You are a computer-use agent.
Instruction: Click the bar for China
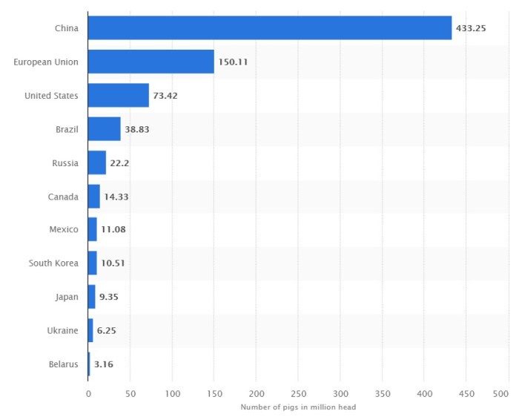[269, 28]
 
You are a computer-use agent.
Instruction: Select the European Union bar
[151, 62]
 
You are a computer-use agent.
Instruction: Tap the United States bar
[118, 96]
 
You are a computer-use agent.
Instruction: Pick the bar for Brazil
[104, 129]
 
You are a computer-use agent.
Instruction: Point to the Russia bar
[96, 162]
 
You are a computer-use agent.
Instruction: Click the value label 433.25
[472, 28]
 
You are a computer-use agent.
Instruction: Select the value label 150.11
[233, 62]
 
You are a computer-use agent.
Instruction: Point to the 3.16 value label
[103, 364]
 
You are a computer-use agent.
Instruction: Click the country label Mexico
[64, 229]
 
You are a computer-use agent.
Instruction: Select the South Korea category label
[53, 263]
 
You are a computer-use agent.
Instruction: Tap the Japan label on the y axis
[67, 297]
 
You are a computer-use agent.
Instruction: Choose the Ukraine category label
[62, 330]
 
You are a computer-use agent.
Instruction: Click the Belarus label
[62, 364]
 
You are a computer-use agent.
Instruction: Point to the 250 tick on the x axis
[299, 394]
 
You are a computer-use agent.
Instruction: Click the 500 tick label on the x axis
[509, 394]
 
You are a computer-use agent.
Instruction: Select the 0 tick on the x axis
[88, 394]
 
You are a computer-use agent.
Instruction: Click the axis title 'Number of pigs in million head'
[298, 407]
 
